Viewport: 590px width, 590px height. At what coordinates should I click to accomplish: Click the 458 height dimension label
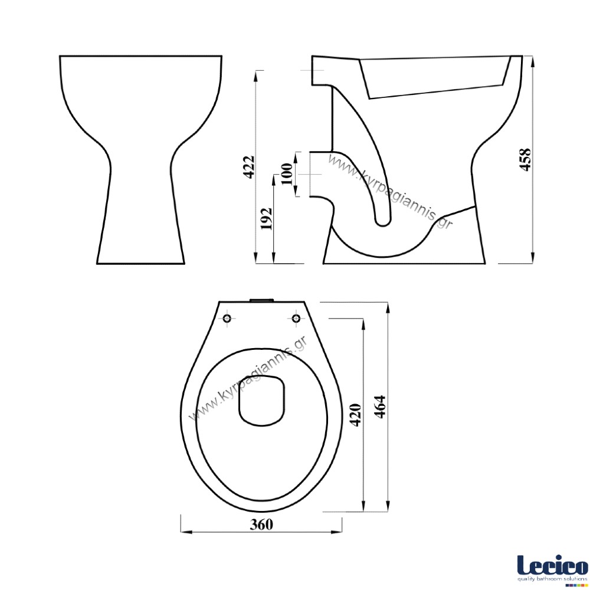point(525,159)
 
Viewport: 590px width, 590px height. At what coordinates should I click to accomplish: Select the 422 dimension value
point(249,166)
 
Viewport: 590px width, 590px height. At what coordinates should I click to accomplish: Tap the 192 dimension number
point(267,219)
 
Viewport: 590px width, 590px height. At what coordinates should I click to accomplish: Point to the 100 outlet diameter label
point(287,174)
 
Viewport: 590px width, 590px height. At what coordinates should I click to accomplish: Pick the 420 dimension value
point(356,415)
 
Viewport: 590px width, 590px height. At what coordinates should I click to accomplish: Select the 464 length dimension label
point(381,407)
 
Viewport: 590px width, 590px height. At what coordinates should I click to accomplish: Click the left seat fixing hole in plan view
point(228,319)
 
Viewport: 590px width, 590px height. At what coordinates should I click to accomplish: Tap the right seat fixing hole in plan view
point(297,319)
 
